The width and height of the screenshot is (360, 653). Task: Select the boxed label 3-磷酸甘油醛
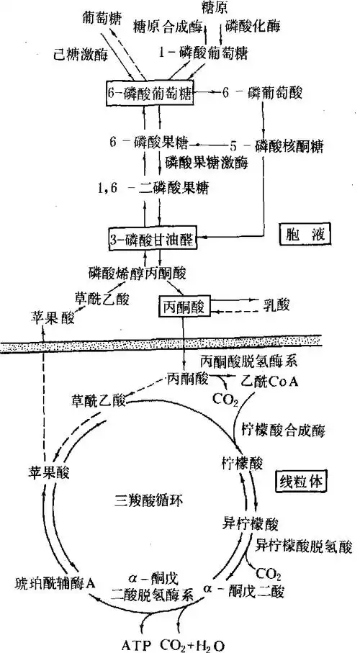click(152, 238)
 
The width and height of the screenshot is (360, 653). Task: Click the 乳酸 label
click(273, 306)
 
